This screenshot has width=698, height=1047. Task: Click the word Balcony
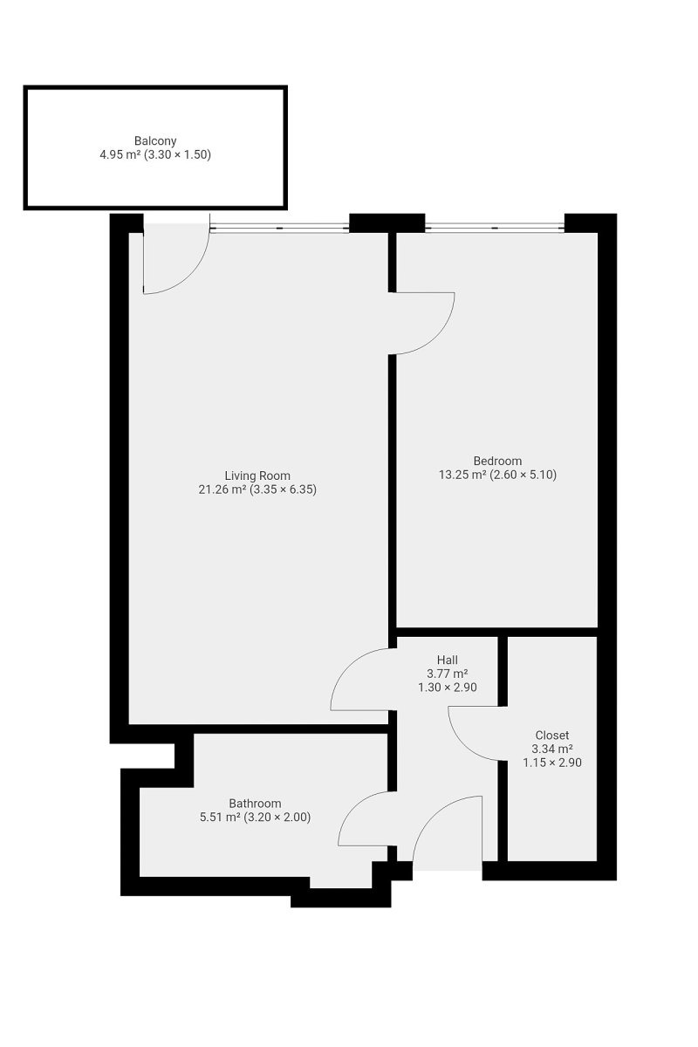tap(155, 140)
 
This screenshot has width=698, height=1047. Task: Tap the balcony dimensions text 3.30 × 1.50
tap(177, 154)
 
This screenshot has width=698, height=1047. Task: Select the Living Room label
tap(257, 476)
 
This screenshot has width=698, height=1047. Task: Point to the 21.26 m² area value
tap(222, 489)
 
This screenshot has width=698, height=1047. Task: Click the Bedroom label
tap(497, 461)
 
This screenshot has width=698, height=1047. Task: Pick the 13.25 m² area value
tap(462, 475)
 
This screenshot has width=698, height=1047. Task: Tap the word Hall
tap(448, 660)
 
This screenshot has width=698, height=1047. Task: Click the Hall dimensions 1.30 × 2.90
tap(448, 688)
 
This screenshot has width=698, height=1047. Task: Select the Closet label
tap(552, 736)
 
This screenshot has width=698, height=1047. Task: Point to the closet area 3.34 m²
tap(552, 749)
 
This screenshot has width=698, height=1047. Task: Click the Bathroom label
tap(255, 804)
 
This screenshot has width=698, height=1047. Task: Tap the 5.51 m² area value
tap(220, 817)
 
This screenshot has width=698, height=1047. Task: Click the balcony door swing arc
tap(191, 276)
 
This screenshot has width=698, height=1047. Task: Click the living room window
tap(279, 228)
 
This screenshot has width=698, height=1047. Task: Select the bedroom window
tap(495, 228)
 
